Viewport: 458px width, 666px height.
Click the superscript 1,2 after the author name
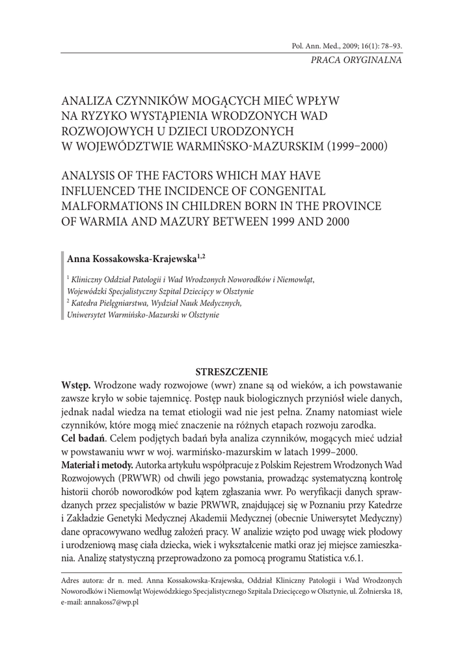pos(201,258)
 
